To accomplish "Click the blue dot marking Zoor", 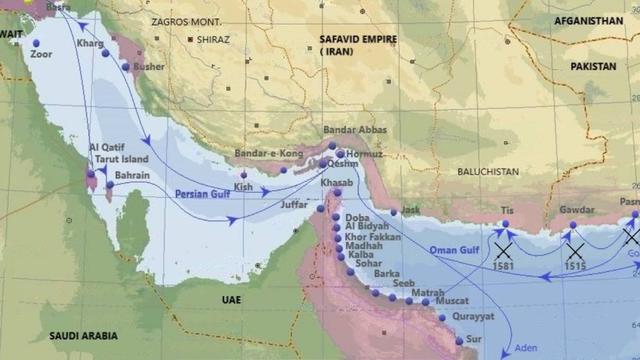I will (x=36, y=43).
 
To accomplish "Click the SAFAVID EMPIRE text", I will (x=358, y=39).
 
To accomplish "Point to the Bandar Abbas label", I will (x=355, y=130).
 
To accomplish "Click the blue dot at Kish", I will (x=244, y=175).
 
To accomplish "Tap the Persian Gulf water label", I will (x=203, y=193).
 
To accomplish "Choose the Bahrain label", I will (x=132, y=175).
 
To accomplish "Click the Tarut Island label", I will (x=121, y=159).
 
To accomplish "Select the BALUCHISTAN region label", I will (x=488, y=172).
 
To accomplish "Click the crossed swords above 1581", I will (x=503, y=250).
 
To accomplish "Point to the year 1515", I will (x=575, y=267).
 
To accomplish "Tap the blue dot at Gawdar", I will (x=573, y=225).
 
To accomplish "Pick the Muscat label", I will (x=452, y=302).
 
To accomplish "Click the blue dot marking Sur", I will (x=459, y=341).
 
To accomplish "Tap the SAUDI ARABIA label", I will (x=84, y=335).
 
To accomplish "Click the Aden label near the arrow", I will (x=526, y=348).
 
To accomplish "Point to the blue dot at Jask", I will (x=394, y=212).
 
